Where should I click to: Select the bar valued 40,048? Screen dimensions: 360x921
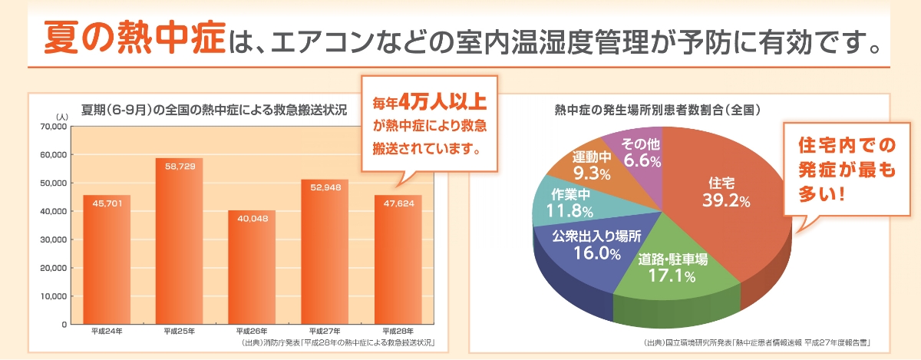[x=253, y=269]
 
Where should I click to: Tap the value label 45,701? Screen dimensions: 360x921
[x=107, y=204]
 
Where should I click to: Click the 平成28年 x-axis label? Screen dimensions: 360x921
[x=398, y=332]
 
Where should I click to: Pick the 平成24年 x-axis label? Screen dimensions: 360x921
[x=107, y=332]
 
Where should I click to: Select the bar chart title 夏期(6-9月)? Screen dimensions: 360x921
[x=214, y=110]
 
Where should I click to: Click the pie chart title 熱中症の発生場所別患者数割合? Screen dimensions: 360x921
[x=657, y=110]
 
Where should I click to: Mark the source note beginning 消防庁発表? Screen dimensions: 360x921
[x=338, y=342]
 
